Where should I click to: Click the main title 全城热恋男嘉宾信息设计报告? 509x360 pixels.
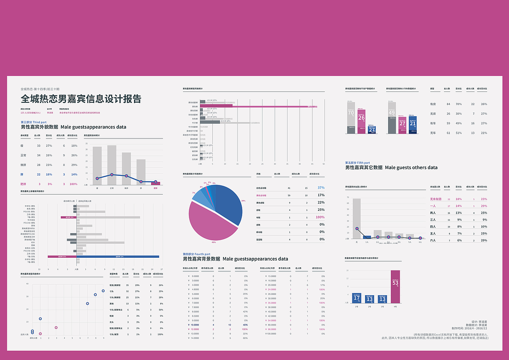tap(81, 99)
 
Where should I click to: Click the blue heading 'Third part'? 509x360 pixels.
tap(33, 122)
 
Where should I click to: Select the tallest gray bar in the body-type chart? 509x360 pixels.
tap(112, 165)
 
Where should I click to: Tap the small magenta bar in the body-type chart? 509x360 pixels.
tap(155, 183)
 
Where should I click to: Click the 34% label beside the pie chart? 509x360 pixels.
tap(243, 201)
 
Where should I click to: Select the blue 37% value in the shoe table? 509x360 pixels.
tap(321, 187)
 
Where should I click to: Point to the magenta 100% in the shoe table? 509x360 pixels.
tap(320, 217)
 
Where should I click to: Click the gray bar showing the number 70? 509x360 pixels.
tap(351, 117)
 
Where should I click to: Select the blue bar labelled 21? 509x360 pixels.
tap(413, 125)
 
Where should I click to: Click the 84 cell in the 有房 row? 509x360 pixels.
tap(449, 104)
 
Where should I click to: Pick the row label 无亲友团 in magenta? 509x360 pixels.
tap(436, 199)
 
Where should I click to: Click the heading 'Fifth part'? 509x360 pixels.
tap(357, 163)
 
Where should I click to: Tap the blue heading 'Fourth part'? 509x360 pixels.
tap(196, 254)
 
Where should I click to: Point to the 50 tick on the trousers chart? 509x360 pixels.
tap(324, 164)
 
